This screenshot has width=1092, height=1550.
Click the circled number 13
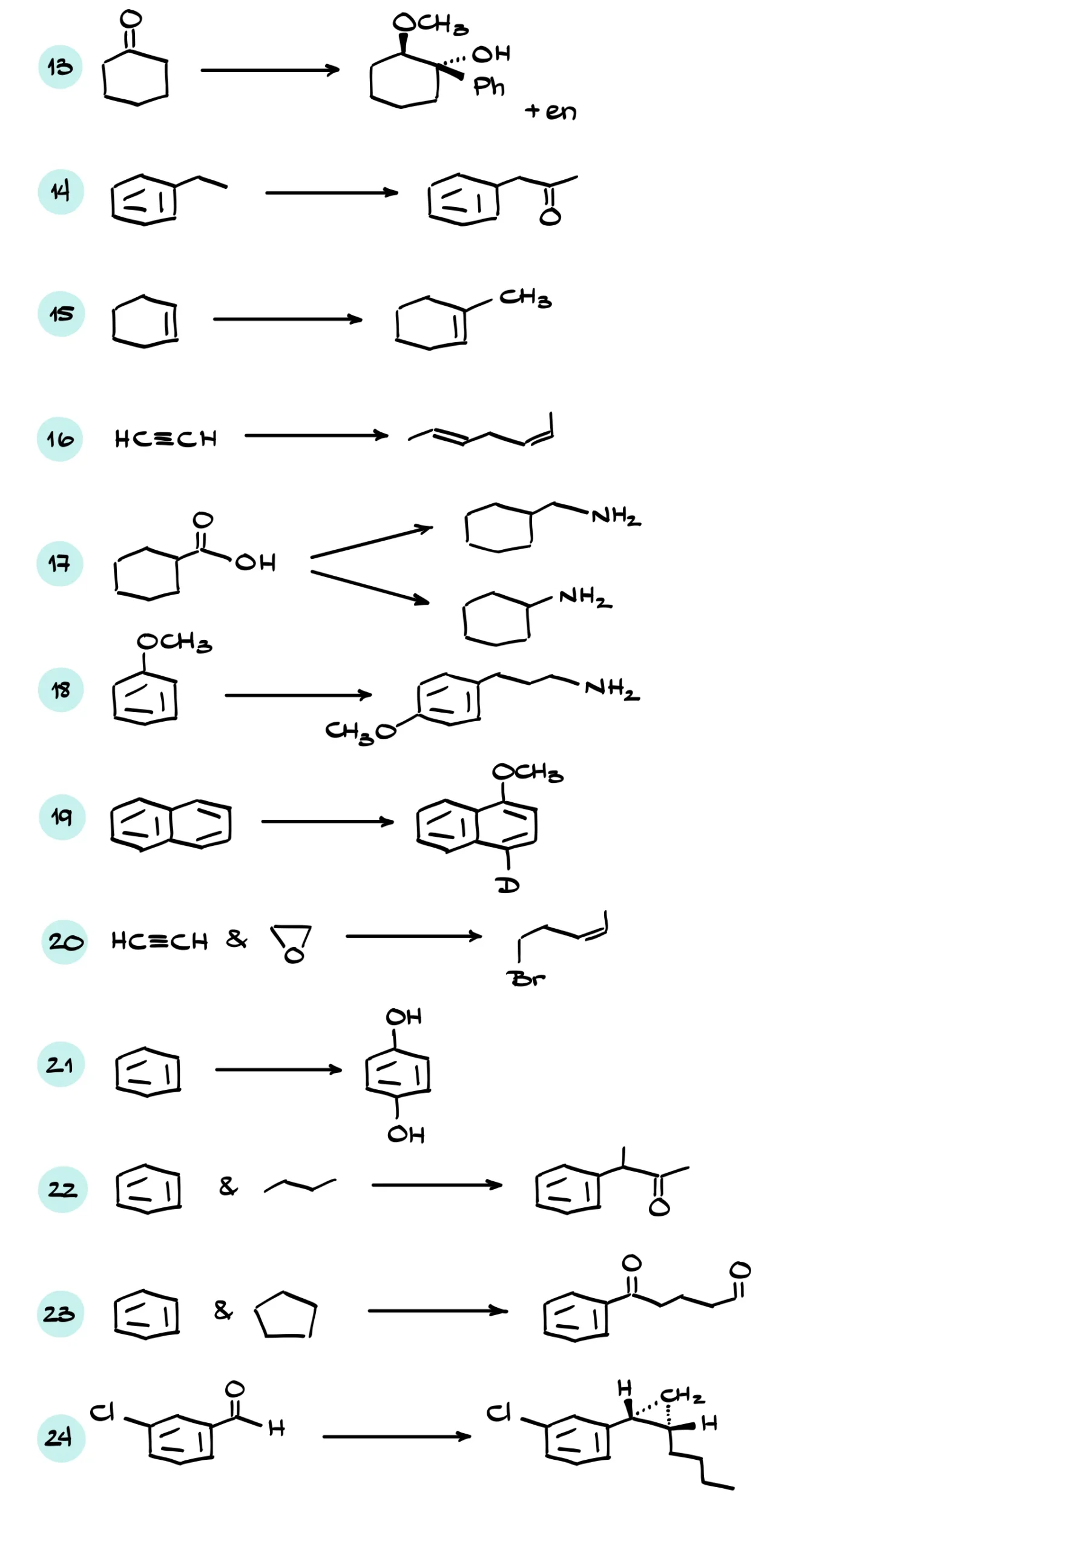(x=60, y=67)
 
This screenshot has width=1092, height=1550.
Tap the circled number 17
(x=60, y=564)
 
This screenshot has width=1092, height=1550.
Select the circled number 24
(x=61, y=1438)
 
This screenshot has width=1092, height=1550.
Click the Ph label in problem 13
(x=489, y=87)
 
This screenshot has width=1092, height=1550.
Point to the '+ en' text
(x=551, y=111)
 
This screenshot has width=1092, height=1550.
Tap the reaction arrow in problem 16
(x=317, y=435)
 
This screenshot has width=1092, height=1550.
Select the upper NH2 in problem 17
(x=616, y=516)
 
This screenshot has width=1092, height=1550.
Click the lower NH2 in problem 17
(x=586, y=597)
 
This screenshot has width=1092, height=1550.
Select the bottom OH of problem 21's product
(x=406, y=1134)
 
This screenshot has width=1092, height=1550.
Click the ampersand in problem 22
(x=229, y=1186)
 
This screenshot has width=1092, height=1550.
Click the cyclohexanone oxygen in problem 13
(x=131, y=19)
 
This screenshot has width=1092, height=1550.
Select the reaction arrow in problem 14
(x=331, y=193)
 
